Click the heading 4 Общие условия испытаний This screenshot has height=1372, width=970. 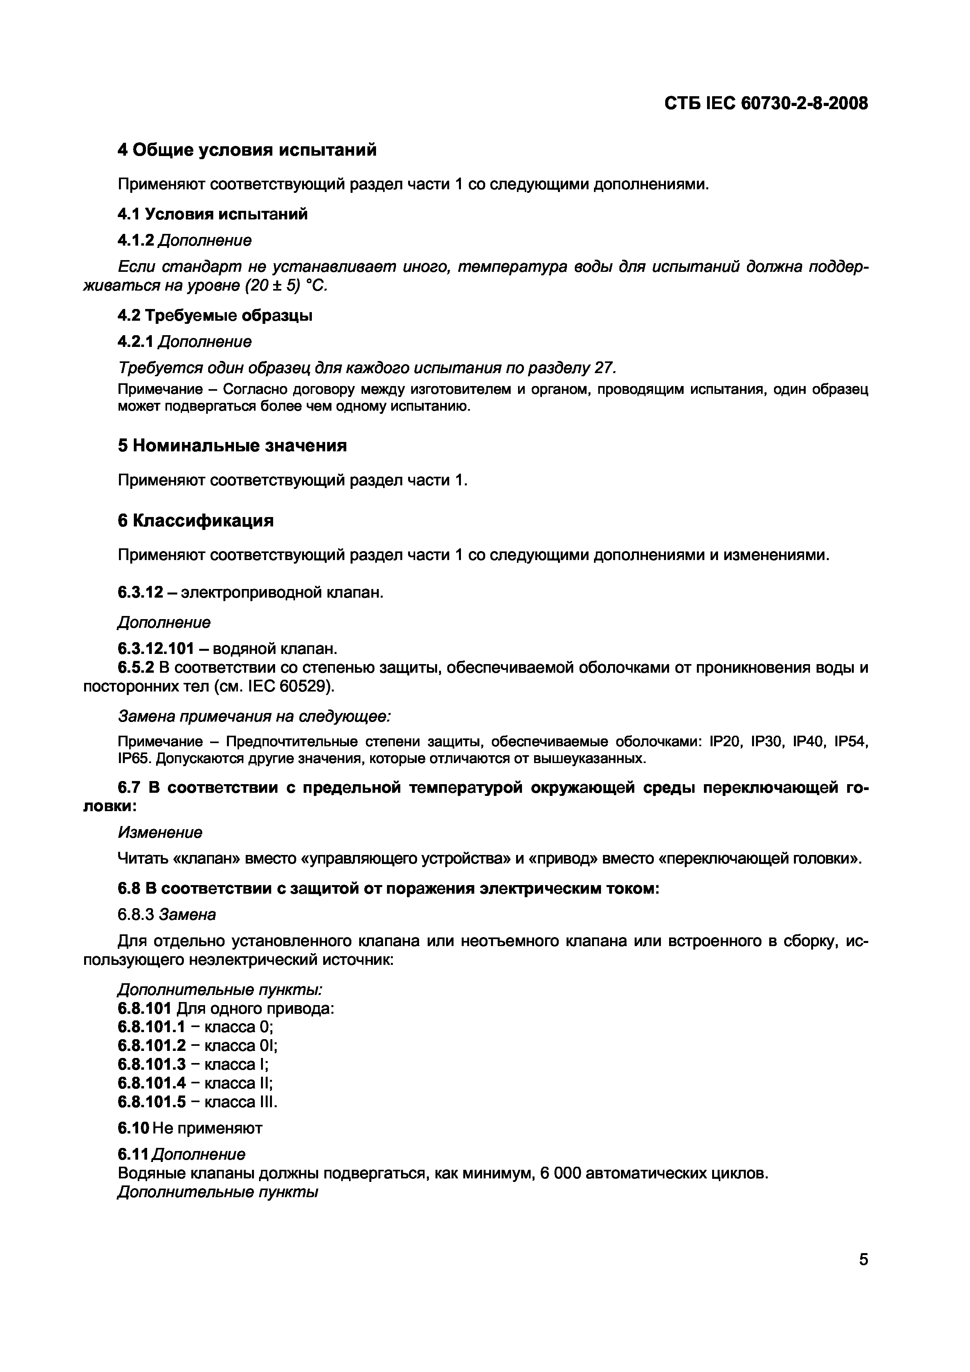pos(247,150)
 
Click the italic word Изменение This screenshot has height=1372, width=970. pos(160,832)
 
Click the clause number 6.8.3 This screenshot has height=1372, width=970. pos(136,915)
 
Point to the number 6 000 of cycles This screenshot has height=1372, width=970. pos(560,1174)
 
